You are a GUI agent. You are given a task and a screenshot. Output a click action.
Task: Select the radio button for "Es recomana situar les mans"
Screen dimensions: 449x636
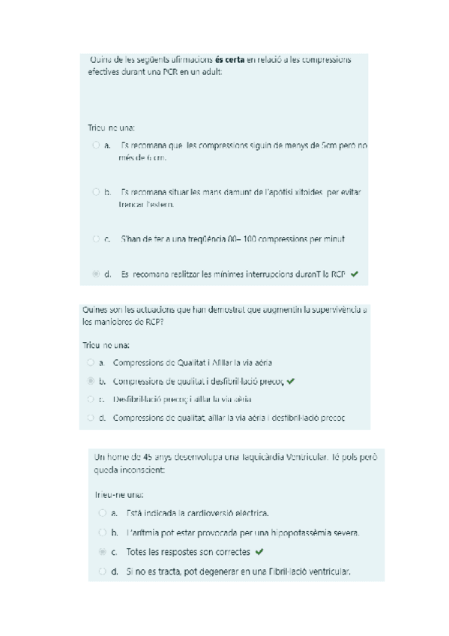coord(96,192)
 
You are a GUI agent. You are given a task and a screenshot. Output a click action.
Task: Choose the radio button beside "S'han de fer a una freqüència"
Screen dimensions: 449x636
coord(96,239)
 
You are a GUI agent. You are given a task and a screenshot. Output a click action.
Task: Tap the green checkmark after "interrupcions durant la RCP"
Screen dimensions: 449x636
coord(355,274)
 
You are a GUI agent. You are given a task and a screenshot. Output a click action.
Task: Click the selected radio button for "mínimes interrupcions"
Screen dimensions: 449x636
coord(96,274)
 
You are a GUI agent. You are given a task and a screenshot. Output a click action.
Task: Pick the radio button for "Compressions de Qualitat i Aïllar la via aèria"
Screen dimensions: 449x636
coord(91,362)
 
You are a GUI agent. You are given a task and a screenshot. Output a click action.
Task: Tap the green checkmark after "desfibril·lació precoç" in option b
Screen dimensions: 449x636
coord(290,381)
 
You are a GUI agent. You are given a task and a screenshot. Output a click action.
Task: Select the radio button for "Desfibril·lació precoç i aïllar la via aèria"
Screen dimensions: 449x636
coord(91,399)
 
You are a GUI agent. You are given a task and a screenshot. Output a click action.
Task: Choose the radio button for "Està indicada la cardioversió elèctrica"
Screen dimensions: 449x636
coord(103,513)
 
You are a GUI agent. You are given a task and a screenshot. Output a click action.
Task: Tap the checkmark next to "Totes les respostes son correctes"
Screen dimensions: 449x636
coord(259,552)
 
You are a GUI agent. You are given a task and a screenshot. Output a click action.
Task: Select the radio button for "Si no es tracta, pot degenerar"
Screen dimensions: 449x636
coord(103,571)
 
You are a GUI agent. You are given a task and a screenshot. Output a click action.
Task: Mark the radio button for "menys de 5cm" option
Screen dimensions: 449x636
coord(96,145)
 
